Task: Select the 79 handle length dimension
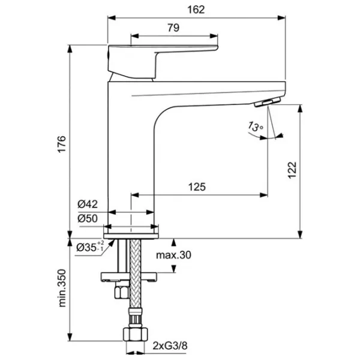coord(173,27)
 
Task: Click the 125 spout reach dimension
coord(196,187)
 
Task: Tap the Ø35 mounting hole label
coord(89,246)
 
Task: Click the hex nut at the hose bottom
coord(133,336)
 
